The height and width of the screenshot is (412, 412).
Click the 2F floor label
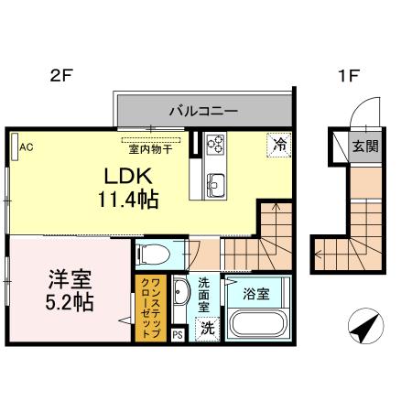[60, 78]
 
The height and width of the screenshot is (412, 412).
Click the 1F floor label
[351, 78]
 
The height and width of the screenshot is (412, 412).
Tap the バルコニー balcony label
[202, 112]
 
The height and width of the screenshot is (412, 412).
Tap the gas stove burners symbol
[217, 143]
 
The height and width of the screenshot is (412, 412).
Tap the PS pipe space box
[177, 335]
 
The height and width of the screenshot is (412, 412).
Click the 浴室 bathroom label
[256, 294]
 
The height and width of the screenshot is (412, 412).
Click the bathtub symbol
[257, 325]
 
